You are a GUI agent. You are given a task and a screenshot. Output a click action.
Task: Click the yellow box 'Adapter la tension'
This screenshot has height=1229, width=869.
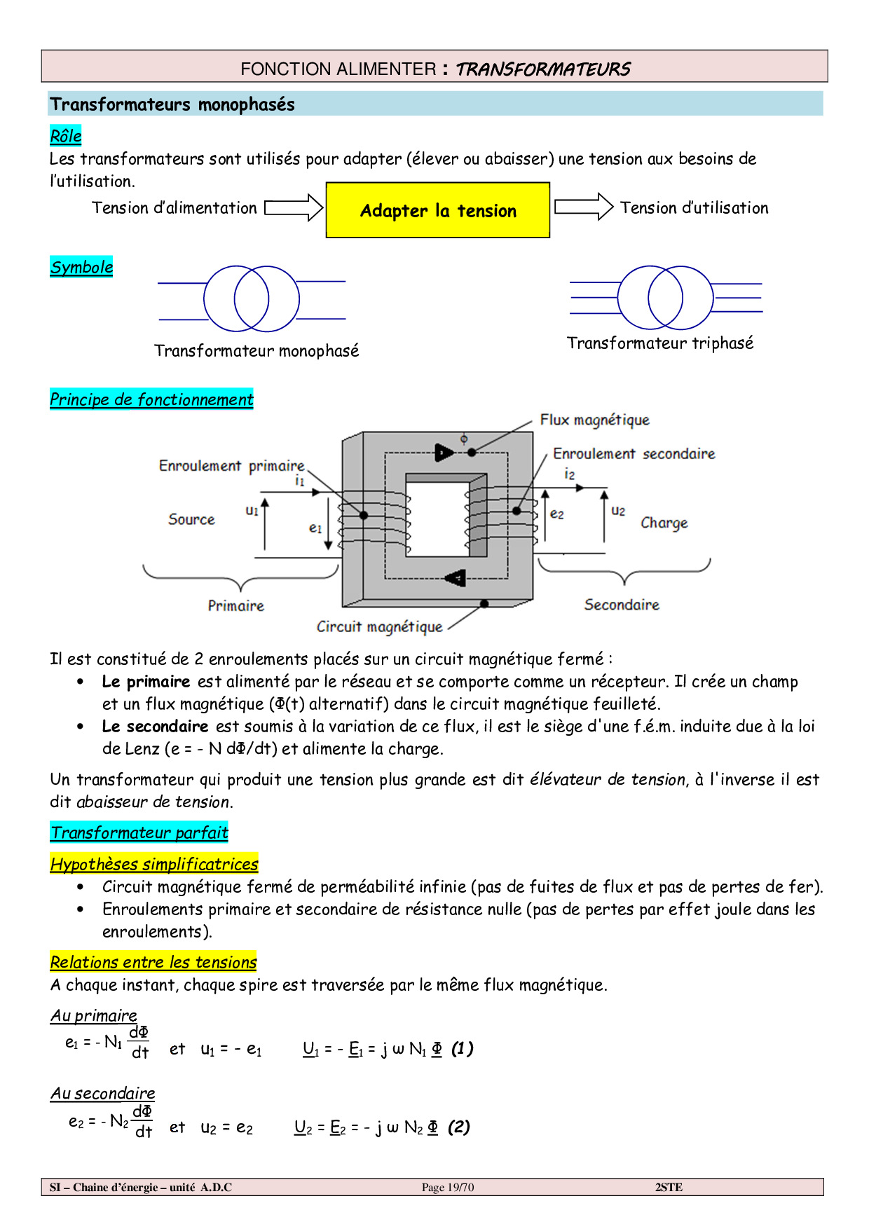click(438, 210)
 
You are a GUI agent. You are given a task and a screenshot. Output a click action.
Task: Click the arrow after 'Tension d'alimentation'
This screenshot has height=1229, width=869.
click(294, 207)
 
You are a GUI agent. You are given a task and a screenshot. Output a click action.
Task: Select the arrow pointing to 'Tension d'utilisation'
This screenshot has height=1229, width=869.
click(584, 207)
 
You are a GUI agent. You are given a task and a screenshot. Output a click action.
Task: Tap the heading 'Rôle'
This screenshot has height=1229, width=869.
click(66, 136)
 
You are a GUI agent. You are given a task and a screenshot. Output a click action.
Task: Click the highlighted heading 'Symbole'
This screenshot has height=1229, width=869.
click(81, 267)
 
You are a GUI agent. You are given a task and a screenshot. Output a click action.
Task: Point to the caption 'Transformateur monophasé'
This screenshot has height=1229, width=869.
click(256, 350)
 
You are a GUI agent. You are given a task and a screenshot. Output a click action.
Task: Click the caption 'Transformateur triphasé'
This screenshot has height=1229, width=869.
click(660, 343)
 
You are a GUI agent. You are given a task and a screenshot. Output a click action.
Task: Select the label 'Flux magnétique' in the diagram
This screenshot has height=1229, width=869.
click(594, 420)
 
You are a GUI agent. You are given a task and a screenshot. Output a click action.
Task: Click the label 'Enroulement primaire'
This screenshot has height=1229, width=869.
click(231, 466)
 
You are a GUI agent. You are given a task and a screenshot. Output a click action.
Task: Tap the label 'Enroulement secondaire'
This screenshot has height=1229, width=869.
click(634, 454)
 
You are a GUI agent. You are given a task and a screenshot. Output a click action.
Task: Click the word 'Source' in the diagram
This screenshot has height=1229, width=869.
click(191, 519)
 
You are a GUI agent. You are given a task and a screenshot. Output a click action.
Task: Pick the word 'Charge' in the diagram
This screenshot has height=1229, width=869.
click(664, 523)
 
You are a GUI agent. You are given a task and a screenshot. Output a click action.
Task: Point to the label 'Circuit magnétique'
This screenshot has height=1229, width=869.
click(379, 626)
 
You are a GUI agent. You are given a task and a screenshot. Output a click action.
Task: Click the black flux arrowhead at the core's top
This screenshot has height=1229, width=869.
click(444, 453)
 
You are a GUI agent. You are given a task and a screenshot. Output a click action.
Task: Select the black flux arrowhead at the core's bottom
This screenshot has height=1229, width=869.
click(456, 578)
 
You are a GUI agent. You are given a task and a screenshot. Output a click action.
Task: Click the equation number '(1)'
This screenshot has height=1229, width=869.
click(462, 1048)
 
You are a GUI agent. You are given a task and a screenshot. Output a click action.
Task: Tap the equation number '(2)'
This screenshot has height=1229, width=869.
click(458, 1127)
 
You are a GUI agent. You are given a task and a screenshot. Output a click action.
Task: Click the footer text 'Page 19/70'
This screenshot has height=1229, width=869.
click(448, 1187)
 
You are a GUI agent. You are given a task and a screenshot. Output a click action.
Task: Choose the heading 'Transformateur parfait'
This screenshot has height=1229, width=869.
click(139, 832)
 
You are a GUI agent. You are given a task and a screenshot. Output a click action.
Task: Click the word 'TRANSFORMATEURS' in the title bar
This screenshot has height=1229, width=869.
click(543, 69)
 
